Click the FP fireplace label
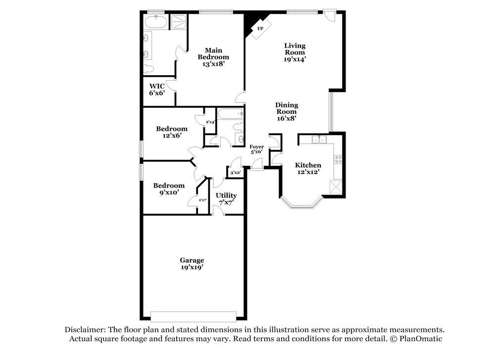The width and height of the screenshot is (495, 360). [259, 29]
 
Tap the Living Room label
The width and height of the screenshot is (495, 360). [295, 52]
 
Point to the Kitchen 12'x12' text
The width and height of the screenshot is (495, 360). [308, 168]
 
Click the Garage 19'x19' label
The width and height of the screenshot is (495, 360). [192, 263]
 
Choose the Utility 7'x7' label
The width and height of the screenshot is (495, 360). [226, 199]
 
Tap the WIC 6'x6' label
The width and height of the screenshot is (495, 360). [157, 89]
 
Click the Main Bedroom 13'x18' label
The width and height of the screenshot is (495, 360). [213, 56]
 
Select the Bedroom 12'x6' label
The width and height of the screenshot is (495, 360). [172, 132]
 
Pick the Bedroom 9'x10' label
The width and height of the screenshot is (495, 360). [169, 189]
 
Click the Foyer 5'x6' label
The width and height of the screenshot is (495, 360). [256, 149]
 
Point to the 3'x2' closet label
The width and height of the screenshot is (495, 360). [235, 173]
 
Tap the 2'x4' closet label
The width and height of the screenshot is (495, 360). [210, 122]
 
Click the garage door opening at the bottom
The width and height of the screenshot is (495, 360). [194, 316]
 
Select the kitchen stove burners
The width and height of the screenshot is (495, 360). [339, 159]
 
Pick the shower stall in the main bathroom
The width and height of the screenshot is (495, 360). [178, 20]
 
